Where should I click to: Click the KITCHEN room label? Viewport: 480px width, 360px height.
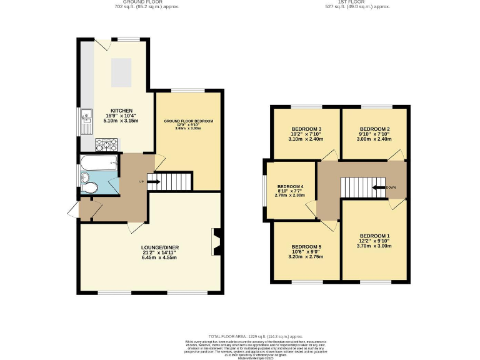pyautogui.click(x=122, y=110)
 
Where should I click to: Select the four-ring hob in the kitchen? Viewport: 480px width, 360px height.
pyautogui.click(x=104, y=144)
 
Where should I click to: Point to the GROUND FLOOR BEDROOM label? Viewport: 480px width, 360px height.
pyautogui.click(x=189, y=121)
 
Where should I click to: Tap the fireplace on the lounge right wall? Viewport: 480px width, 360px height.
pyautogui.click(x=217, y=242)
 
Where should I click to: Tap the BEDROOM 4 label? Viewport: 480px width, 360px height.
pyautogui.click(x=290, y=186)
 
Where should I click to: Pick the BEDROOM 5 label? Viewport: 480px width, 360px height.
pyautogui.click(x=307, y=246)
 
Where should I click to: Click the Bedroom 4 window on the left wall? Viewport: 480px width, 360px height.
pyautogui.click(x=264, y=191)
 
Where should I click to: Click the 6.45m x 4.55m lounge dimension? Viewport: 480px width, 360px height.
pyautogui.click(x=157, y=257)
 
